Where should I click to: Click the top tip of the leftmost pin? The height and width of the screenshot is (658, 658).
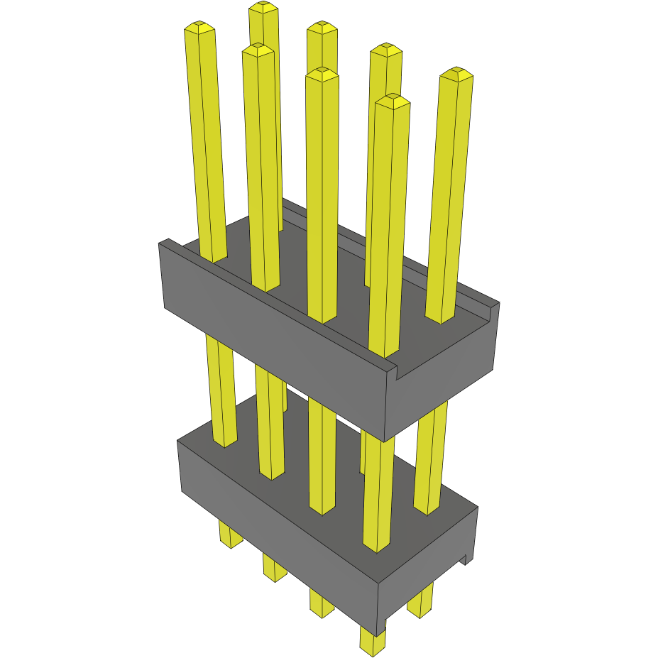pyautogui.click(x=199, y=28)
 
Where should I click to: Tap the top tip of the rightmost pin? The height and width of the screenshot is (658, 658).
pyautogui.click(x=456, y=75)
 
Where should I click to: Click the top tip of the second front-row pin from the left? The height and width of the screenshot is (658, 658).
pyautogui.click(x=258, y=50)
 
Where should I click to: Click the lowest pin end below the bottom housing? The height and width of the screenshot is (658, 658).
pyautogui.click(x=373, y=642)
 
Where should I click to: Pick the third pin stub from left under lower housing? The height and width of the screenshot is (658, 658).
pyautogui.click(x=322, y=603)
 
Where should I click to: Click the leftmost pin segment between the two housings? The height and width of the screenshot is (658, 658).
pyautogui.click(x=221, y=390)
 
